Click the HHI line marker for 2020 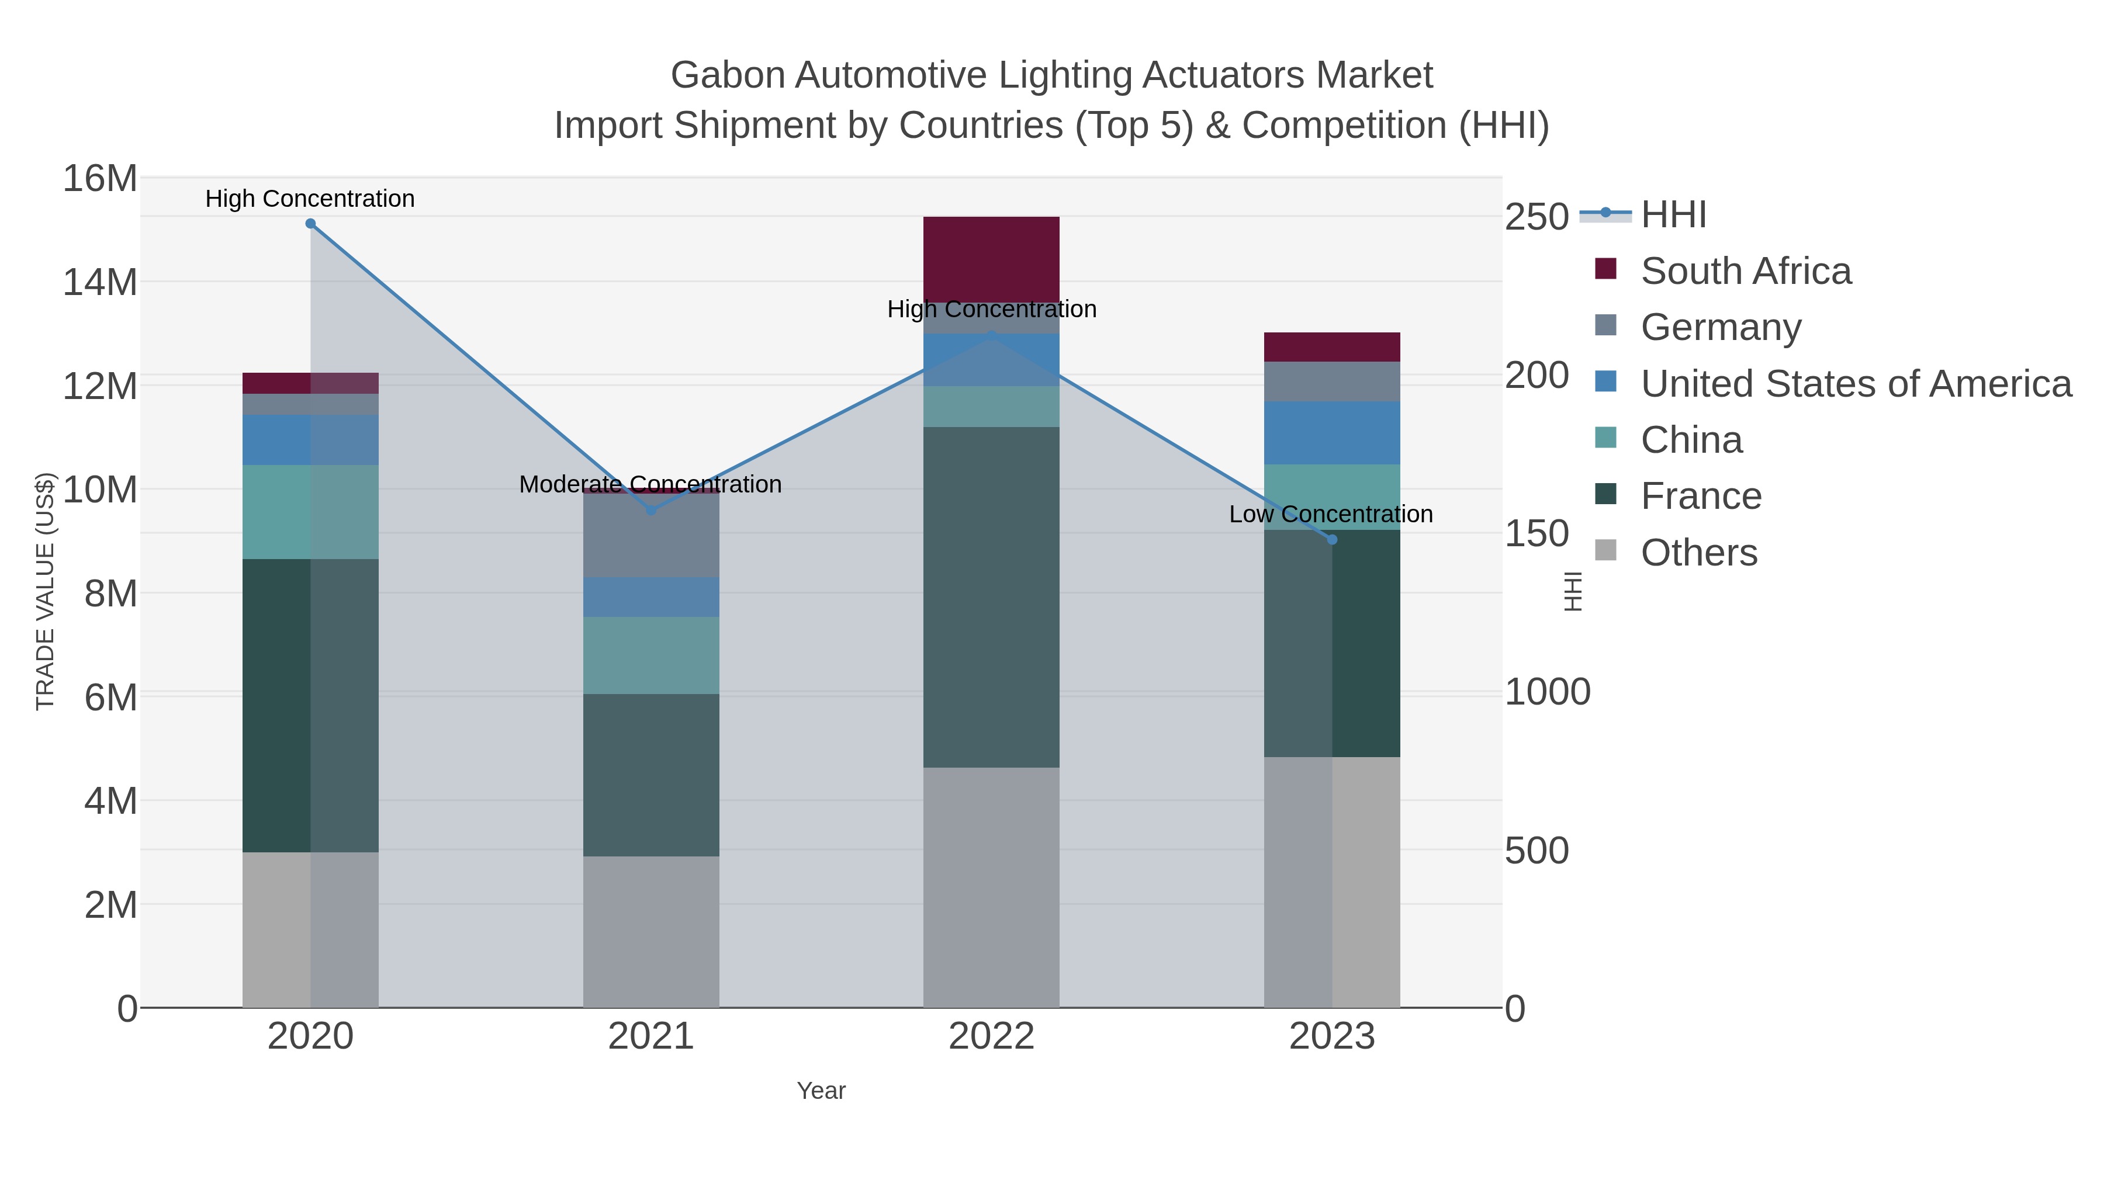coord(310,224)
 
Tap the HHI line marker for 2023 coord(1332,540)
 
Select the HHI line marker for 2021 coord(651,510)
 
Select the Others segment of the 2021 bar coord(651,931)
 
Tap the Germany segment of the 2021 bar coord(651,535)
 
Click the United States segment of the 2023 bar coord(1332,433)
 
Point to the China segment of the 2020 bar coord(310,512)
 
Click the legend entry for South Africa coord(1745,271)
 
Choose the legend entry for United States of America coord(1855,384)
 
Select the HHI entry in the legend coord(1673,215)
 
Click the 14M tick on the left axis coord(99,283)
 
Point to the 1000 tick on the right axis coord(1547,692)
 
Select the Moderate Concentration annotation coord(650,484)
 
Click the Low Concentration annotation coord(1331,514)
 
